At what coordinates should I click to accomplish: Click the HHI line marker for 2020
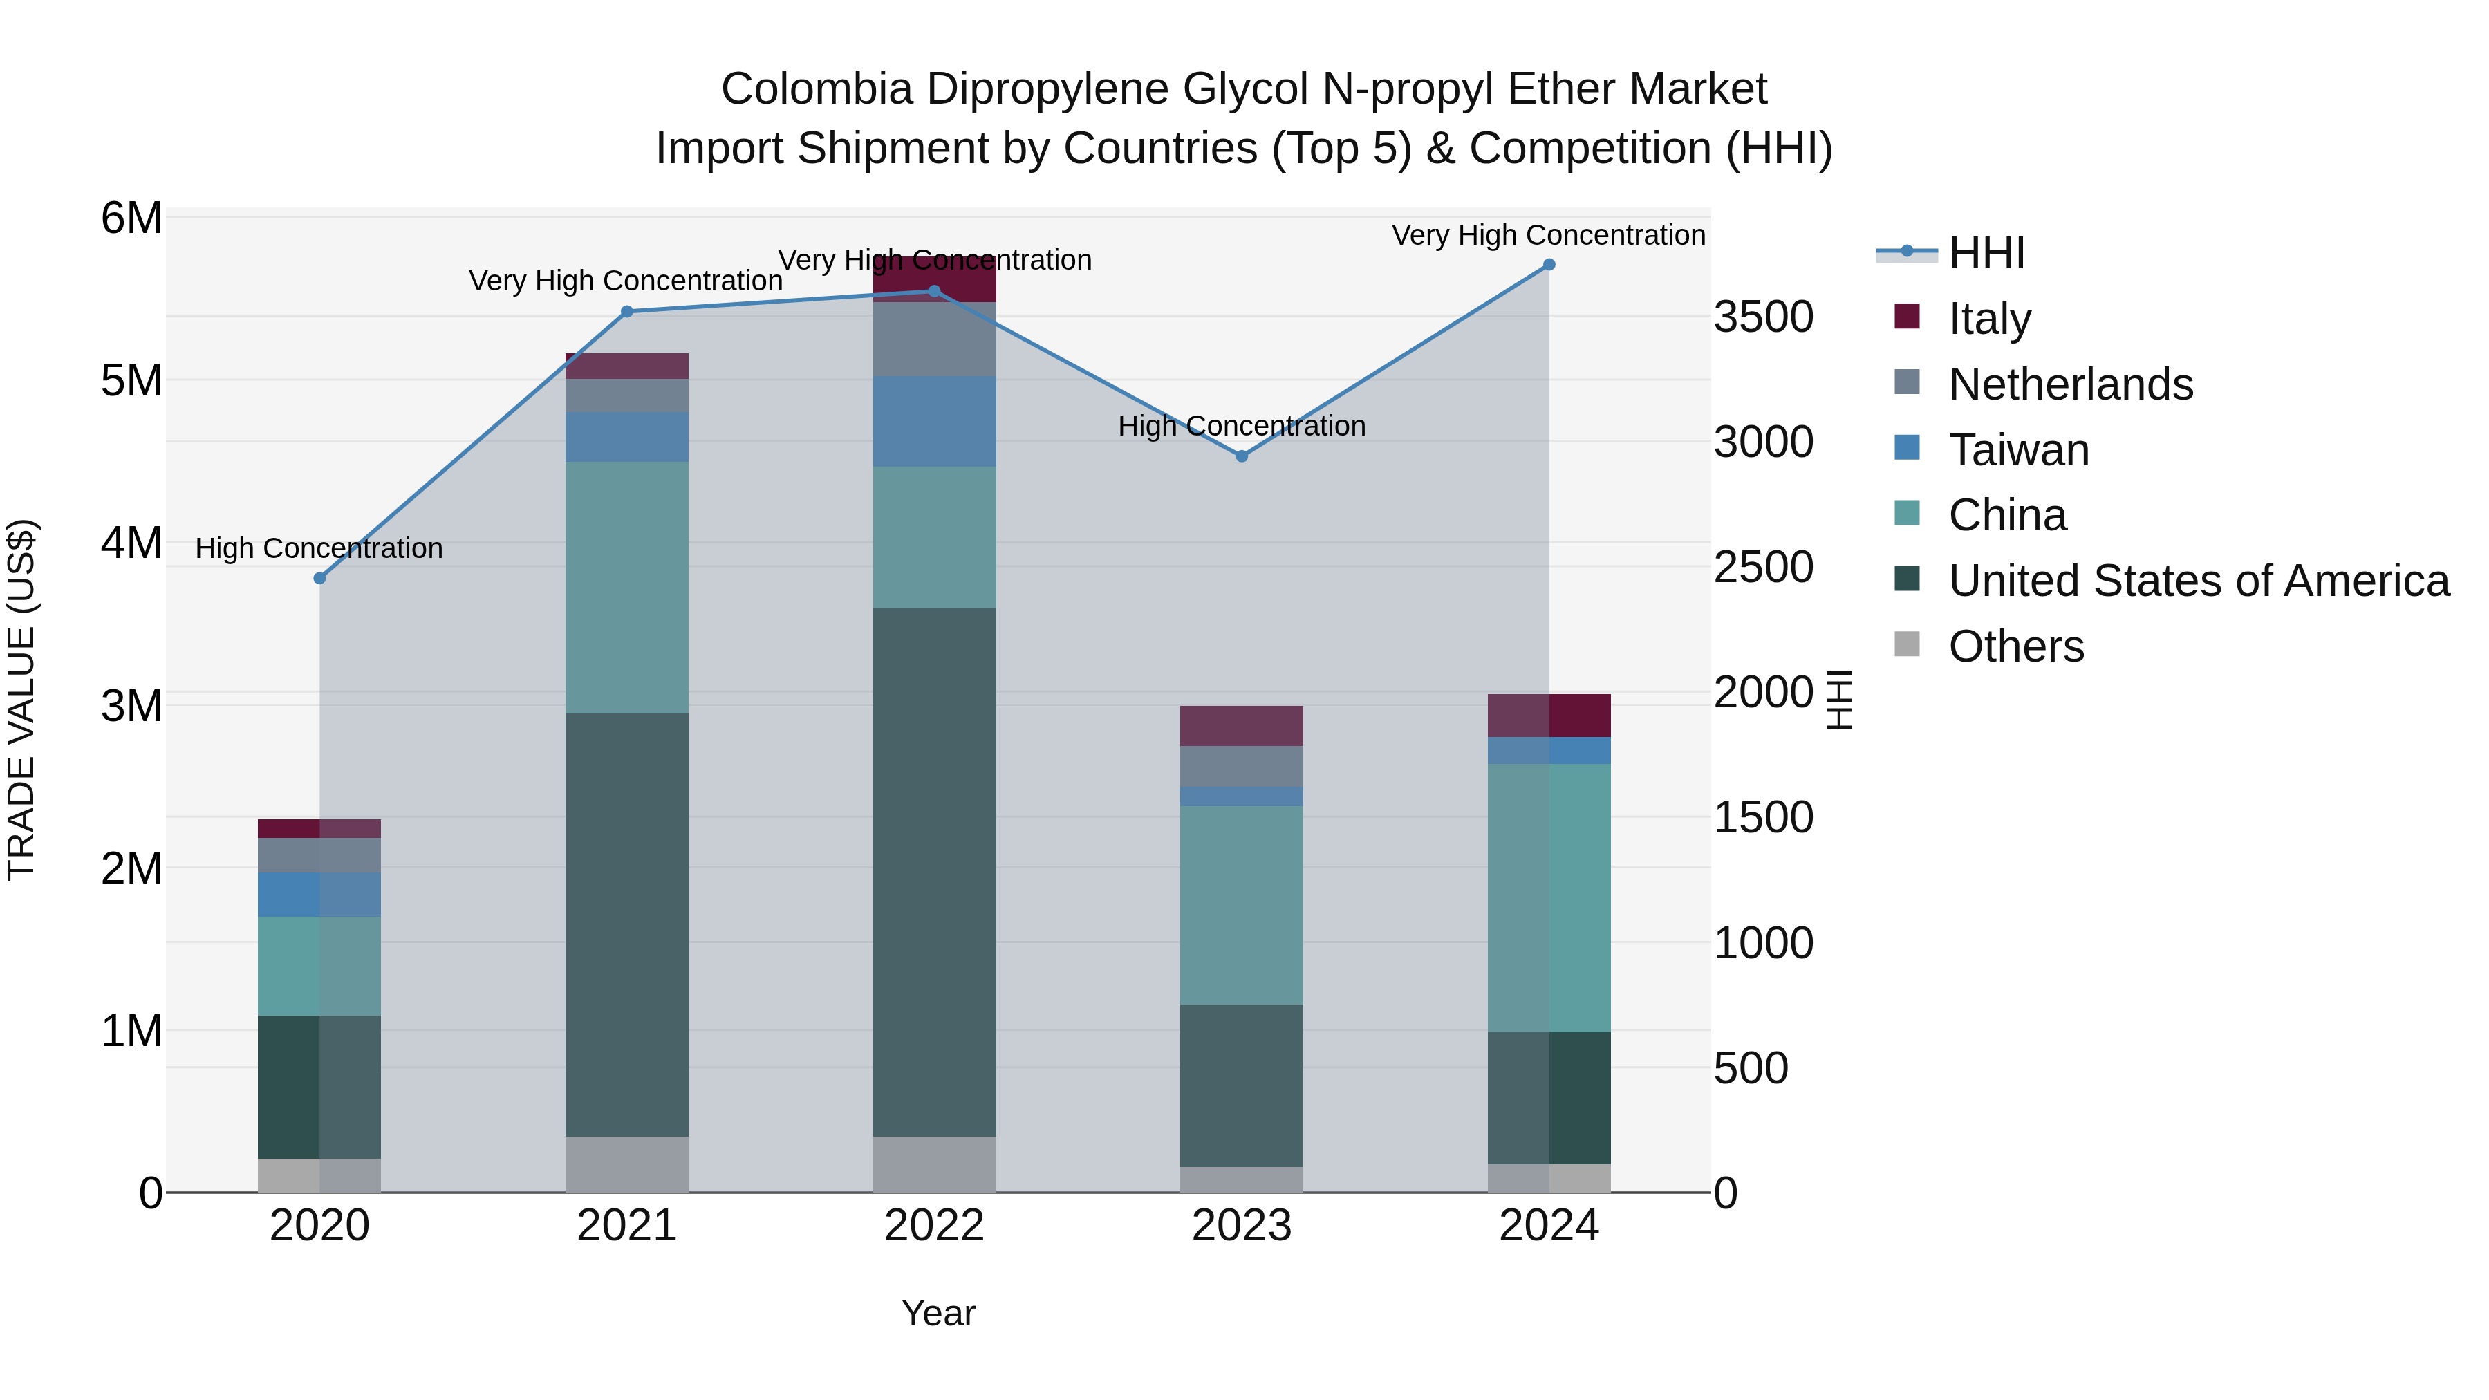[x=320, y=578]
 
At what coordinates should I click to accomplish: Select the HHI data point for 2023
[x=1242, y=456]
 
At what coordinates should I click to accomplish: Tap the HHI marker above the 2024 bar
[x=1549, y=265]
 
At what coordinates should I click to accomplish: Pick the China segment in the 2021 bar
[x=627, y=588]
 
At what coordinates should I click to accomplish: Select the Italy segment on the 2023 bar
[x=1242, y=726]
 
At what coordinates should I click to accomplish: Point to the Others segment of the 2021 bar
[x=627, y=1164]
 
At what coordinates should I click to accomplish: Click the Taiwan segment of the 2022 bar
[x=934, y=421]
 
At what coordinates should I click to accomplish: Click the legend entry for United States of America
[x=2198, y=581]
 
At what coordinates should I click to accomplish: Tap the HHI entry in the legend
[x=1986, y=253]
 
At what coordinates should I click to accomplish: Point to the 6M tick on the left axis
[x=131, y=218]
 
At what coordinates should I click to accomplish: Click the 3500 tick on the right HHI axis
[x=1763, y=317]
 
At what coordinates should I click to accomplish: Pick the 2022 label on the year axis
[x=934, y=1226]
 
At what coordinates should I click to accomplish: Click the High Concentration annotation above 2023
[x=1242, y=426]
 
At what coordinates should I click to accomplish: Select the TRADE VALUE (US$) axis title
[x=21, y=700]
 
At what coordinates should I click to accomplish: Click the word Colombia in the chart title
[x=816, y=90]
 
